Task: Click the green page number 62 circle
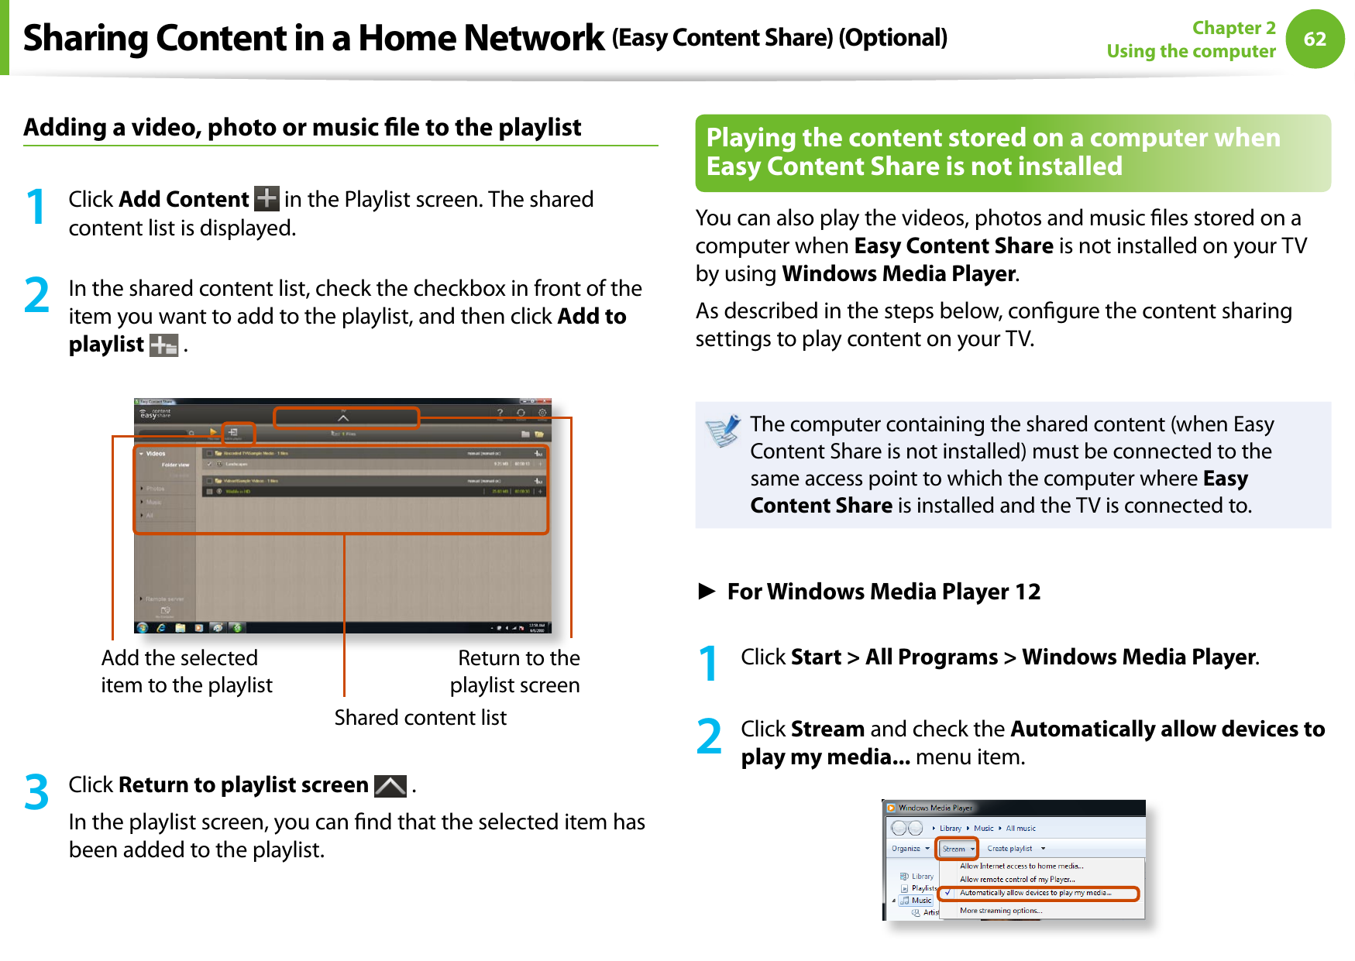(x=1315, y=39)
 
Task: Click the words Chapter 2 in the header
(x=1233, y=28)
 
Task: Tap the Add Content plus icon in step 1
(x=267, y=199)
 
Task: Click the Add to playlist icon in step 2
(x=163, y=345)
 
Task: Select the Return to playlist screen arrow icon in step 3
(x=390, y=786)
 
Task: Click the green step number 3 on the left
(x=36, y=792)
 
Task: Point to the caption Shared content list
(x=420, y=718)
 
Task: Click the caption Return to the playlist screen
(x=517, y=671)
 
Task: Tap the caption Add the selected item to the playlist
(x=186, y=671)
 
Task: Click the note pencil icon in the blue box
(x=723, y=431)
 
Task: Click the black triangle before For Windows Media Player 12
(x=706, y=592)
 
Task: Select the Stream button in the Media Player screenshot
(x=957, y=849)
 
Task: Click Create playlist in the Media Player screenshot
(x=1009, y=849)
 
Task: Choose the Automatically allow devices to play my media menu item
(x=1035, y=894)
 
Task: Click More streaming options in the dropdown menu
(x=1000, y=911)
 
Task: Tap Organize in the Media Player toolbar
(x=906, y=849)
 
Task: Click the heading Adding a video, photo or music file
(x=302, y=127)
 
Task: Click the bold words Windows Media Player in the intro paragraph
(x=899, y=274)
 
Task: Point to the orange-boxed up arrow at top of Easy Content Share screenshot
(x=346, y=418)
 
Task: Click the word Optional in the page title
(x=893, y=37)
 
